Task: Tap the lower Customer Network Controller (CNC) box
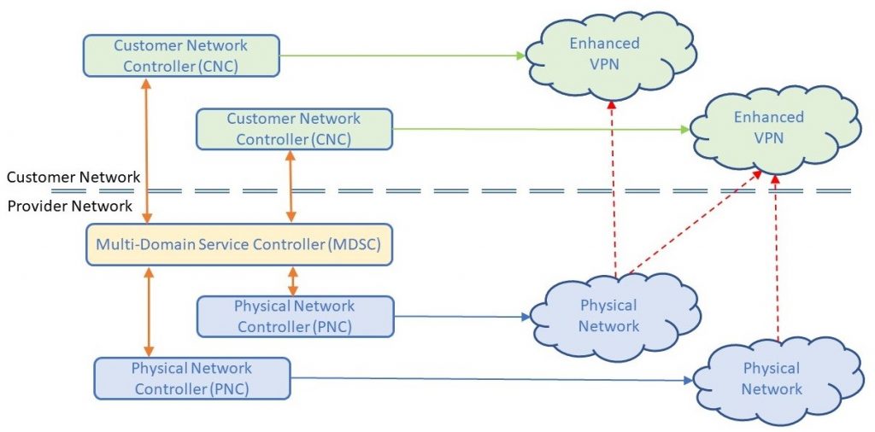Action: (x=294, y=129)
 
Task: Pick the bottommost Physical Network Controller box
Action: (x=191, y=378)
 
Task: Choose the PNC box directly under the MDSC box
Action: (x=294, y=316)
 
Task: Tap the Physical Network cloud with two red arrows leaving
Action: (x=608, y=316)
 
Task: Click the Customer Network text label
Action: (x=73, y=178)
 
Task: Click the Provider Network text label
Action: (x=70, y=206)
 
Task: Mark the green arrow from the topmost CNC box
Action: (x=402, y=56)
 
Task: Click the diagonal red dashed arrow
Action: (x=692, y=224)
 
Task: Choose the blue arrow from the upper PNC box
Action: (x=461, y=317)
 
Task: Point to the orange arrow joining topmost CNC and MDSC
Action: (x=147, y=150)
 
